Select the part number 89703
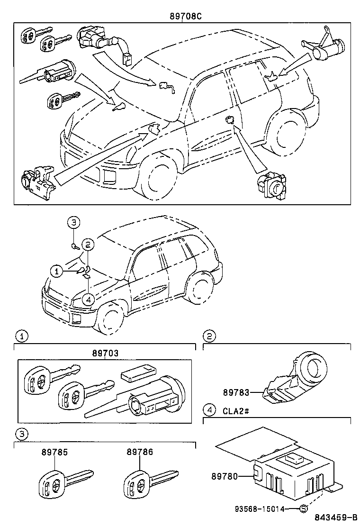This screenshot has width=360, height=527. tap(106, 353)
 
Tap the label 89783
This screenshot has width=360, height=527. tap(236, 392)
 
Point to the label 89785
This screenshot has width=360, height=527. tap(54, 452)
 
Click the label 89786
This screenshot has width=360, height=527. tap(140, 452)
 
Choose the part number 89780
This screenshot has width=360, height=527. tap(225, 476)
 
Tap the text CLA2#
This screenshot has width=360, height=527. tap(235, 410)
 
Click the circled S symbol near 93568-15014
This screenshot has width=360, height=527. tap(303, 509)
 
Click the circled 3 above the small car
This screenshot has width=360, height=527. tap(74, 222)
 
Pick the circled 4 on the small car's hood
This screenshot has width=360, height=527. tap(88, 299)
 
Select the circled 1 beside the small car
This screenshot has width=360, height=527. tap(57, 271)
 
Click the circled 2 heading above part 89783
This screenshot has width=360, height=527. tap(209, 336)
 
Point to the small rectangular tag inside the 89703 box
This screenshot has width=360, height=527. tap(138, 373)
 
